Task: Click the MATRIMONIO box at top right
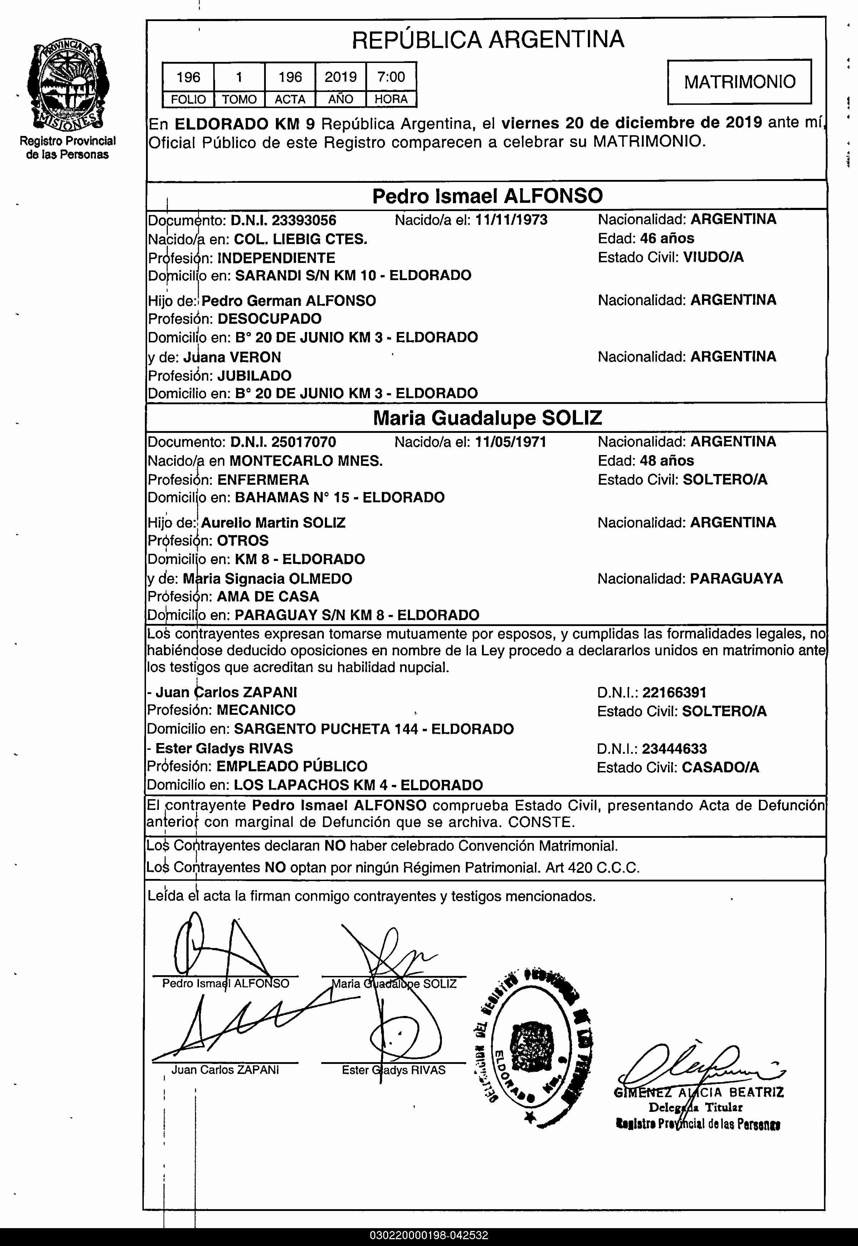pos(739,82)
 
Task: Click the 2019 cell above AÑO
pos(340,77)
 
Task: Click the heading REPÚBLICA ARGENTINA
pos(488,39)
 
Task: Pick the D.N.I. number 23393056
pos(304,220)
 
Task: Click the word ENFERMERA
pos(263,479)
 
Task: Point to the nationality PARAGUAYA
pos(736,578)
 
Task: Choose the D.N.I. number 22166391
pos(674,692)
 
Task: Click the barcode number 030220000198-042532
pos(428,1236)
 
